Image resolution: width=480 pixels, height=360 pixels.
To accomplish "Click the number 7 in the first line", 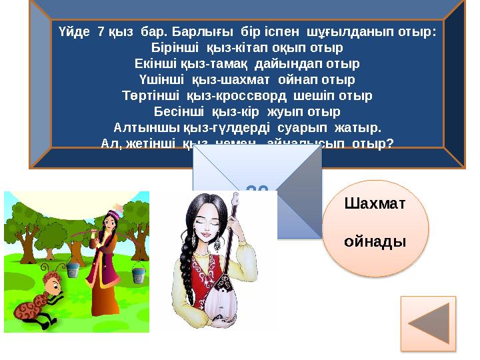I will click(101, 31).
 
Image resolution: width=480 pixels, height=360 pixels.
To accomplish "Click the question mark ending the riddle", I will click(389, 142).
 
